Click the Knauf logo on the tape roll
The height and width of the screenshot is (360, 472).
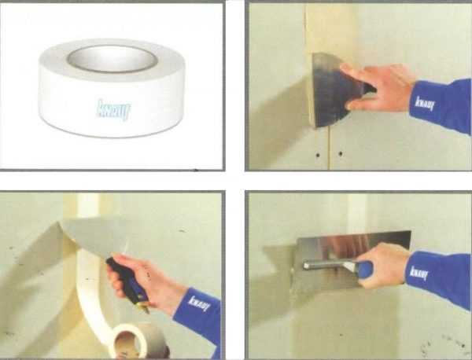coord(114,110)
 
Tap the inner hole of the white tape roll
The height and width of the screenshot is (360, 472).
coord(112,59)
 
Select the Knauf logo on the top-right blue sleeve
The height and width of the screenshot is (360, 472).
coord(425,103)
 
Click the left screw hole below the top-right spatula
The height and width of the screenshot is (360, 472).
coord(318,155)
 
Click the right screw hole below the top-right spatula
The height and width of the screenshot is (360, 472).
coord(341,154)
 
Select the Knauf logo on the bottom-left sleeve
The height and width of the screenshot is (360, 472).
coord(199,303)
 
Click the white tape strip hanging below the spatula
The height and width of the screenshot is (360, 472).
coord(90,301)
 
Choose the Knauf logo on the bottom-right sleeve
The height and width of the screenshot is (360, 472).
coord(419,273)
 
